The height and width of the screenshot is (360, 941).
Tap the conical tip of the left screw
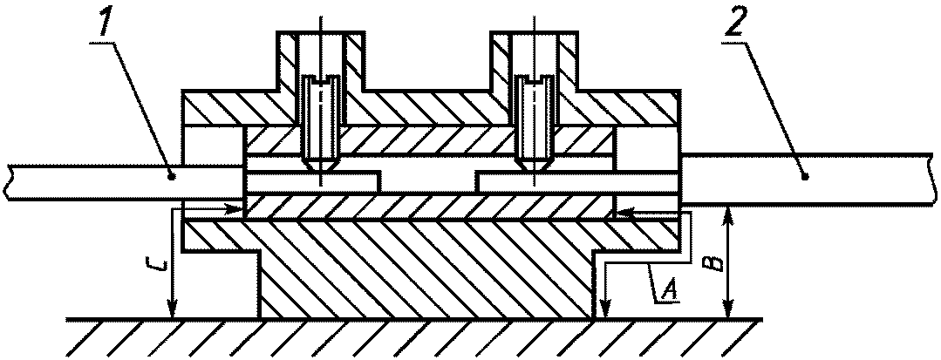point(320,162)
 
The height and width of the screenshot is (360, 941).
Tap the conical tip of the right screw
point(533,162)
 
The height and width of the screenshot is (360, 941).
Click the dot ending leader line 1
point(172,176)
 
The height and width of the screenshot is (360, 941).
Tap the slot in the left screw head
point(320,84)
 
